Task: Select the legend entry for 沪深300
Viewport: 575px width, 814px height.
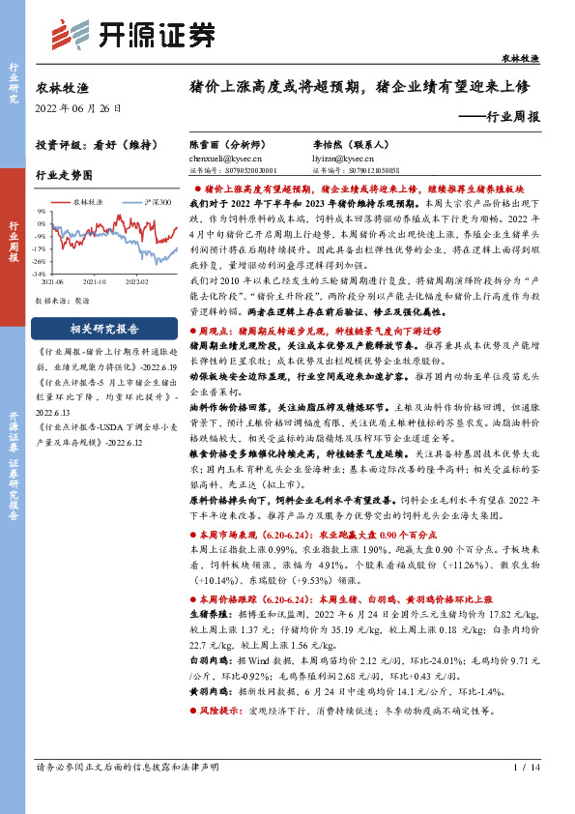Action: coord(155,203)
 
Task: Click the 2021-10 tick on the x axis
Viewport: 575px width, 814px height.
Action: coord(94,281)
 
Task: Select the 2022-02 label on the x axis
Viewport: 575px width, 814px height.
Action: coord(136,281)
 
